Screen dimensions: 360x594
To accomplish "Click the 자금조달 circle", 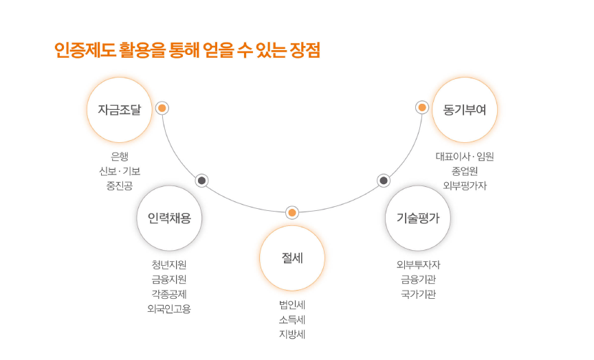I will [119, 109].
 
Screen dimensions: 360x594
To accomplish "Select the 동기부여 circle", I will [465, 109].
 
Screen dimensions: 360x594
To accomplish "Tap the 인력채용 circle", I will [169, 218].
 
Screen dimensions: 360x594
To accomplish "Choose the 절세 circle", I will [292, 258].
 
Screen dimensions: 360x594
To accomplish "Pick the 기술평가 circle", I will [417, 218].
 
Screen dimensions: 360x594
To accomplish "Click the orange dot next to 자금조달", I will [162, 108].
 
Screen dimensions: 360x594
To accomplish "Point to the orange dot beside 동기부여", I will [422, 108].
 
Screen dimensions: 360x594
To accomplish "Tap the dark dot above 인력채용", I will [201, 181].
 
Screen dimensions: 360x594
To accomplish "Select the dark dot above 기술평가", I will [384, 181].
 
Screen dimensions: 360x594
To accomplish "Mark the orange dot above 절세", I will [292, 213].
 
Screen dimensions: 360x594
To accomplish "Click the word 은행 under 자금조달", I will [120, 157].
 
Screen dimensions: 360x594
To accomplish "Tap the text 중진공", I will [120, 185].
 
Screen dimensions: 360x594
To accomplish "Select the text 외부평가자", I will [465, 185].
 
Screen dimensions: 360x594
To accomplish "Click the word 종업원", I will [465, 171].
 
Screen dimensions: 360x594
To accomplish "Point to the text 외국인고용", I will [169, 308].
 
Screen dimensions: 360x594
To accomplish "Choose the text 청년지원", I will [169, 265].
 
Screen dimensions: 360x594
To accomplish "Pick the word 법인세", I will [292, 305].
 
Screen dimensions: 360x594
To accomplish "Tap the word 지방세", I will [292, 335].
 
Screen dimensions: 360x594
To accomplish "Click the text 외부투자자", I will [418, 265].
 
